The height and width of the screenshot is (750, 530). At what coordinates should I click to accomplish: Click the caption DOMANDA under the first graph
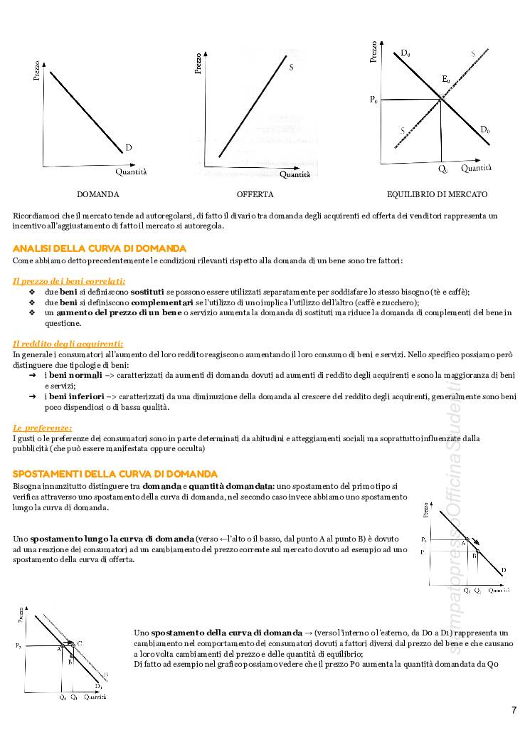[98, 194]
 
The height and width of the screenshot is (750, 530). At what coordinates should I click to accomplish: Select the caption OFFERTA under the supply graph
[255, 194]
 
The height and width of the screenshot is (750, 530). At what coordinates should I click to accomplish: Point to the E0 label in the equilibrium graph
[446, 78]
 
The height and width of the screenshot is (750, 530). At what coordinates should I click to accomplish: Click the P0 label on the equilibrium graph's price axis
[374, 100]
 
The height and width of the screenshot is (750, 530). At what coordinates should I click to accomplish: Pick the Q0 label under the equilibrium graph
[442, 169]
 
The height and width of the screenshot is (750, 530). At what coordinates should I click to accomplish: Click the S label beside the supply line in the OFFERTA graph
[292, 68]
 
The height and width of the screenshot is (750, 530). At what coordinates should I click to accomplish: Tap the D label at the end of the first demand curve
[129, 147]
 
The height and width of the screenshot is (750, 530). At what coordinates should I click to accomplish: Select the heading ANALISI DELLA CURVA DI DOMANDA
[100, 248]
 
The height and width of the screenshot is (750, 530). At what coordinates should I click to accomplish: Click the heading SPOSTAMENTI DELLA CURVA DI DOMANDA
[115, 474]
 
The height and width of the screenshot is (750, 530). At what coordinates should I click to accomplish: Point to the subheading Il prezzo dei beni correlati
[69, 281]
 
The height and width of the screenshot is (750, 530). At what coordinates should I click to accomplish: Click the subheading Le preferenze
[43, 428]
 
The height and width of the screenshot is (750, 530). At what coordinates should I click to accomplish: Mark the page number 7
[514, 710]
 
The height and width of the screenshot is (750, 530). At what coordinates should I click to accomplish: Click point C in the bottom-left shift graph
[79, 643]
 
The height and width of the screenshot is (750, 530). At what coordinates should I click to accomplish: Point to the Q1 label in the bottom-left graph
[74, 698]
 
